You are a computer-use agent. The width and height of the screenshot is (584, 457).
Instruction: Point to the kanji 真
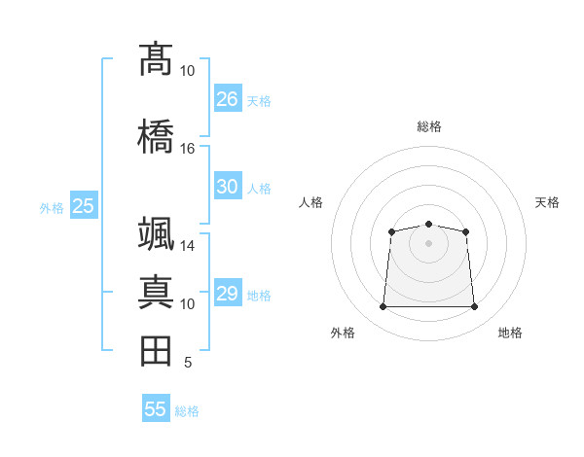(x=156, y=292)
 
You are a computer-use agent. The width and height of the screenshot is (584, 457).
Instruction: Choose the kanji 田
(x=156, y=351)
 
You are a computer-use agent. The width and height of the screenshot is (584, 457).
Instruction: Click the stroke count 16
(x=187, y=148)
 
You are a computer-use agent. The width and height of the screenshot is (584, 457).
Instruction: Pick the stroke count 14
(x=187, y=246)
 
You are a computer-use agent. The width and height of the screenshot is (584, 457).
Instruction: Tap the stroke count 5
(x=187, y=363)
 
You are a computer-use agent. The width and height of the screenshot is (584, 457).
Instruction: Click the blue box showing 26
(x=228, y=98)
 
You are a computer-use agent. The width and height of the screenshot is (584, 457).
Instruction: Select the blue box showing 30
(x=228, y=187)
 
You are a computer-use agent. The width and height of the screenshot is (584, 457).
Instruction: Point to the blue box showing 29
(x=228, y=294)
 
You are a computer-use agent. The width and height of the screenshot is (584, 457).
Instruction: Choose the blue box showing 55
(x=156, y=409)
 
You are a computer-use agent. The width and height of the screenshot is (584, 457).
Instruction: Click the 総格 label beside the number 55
(x=187, y=411)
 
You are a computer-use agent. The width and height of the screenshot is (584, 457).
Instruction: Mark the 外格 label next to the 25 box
(x=52, y=207)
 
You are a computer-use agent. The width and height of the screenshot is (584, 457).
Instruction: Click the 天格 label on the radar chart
(x=547, y=202)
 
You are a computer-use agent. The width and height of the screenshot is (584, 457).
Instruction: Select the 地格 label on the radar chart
(x=510, y=333)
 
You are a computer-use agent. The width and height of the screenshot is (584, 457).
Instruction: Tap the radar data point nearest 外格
(x=383, y=307)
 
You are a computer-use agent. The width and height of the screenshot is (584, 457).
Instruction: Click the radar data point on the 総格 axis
(x=428, y=225)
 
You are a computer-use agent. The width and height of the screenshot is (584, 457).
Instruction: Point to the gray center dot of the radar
(x=428, y=241)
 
